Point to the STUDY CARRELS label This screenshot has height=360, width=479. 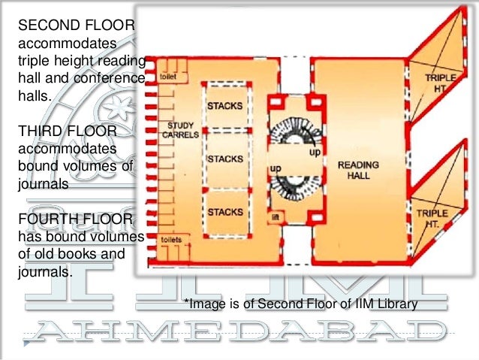click(x=181, y=129)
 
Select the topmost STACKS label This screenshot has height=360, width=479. click(x=224, y=106)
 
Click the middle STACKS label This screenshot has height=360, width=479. click(x=224, y=159)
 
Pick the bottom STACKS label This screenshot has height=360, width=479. click(x=224, y=211)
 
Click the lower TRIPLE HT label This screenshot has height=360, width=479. click(x=432, y=219)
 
